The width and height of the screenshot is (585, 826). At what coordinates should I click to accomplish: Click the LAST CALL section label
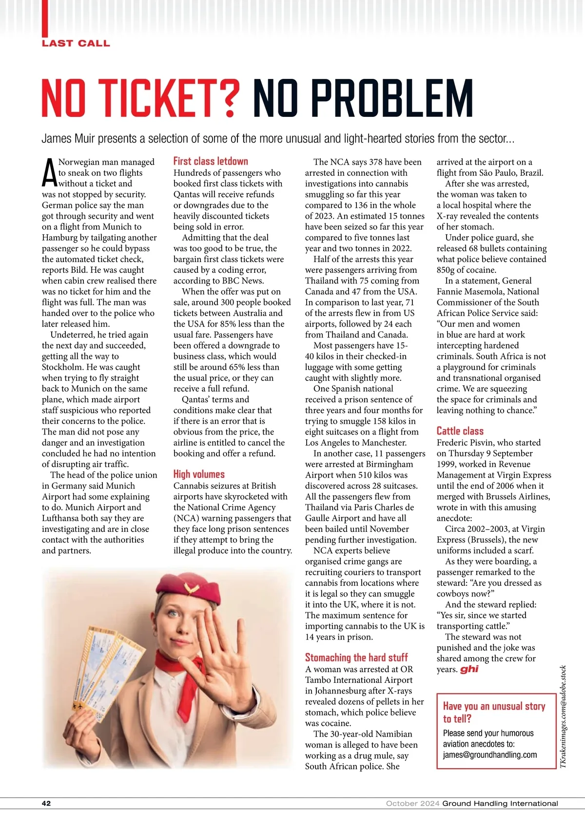click(76, 43)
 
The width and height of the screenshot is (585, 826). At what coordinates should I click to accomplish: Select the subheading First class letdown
click(211, 161)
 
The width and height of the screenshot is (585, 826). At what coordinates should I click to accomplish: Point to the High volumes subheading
click(199, 474)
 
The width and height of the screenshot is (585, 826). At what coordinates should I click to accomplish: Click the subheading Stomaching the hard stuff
click(356, 657)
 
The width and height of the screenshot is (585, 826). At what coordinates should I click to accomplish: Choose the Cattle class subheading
click(460, 431)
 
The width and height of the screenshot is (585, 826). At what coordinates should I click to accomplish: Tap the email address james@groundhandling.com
click(489, 754)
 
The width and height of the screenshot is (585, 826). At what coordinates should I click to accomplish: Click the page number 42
click(46, 803)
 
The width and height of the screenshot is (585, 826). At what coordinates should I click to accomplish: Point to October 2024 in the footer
click(412, 803)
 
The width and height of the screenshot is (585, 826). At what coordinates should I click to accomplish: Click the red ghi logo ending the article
click(469, 669)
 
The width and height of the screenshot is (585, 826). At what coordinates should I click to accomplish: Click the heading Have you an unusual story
click(493, 712)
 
